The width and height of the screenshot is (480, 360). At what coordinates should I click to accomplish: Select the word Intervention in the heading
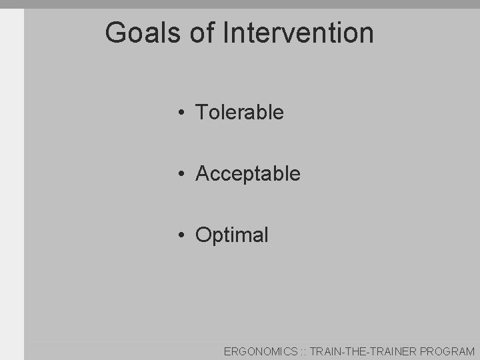point(298,33)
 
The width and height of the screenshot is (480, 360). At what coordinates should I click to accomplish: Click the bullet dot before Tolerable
point(181,113)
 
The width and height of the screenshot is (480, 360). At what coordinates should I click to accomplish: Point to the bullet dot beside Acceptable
point(181,174)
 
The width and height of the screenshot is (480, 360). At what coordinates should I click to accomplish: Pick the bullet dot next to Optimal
point(181,235)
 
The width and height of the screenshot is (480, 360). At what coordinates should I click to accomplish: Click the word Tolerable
point(239,113)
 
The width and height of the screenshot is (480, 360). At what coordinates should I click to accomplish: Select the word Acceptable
point(248,174)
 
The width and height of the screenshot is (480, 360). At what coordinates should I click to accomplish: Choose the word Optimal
point(232,235)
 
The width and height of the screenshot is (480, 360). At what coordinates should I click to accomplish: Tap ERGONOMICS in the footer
point(261,351)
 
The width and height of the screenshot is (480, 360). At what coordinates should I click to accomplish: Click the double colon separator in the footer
point(303,351)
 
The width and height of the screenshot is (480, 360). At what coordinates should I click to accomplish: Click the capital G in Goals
point(116,33)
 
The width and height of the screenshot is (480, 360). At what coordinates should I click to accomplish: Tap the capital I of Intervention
point(225,33)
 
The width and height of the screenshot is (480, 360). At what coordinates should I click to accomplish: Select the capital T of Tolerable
point(201,113)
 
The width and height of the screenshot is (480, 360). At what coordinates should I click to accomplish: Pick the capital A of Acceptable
point(203,174)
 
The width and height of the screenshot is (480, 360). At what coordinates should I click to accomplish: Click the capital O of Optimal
point(203,235)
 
